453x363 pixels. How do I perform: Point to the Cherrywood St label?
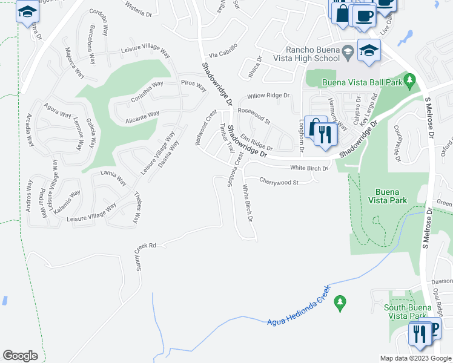(279, 181)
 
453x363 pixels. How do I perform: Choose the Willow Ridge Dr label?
(268, 96)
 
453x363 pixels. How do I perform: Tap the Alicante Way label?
(142, 114)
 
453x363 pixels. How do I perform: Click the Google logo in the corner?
(20, 356)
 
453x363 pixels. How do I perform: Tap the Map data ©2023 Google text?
(415, 358)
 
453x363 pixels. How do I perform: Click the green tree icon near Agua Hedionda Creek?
(340, 301)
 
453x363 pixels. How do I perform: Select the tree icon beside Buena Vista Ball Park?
(409, 79)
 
